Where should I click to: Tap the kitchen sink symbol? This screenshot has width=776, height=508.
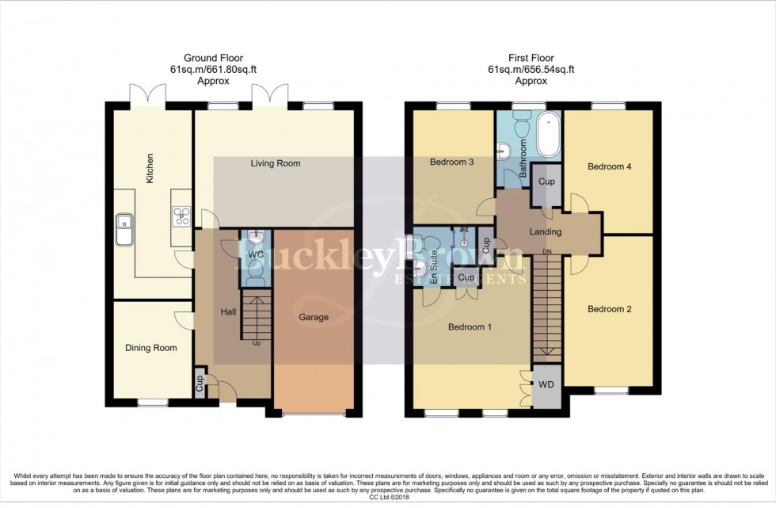(x=125, y=228)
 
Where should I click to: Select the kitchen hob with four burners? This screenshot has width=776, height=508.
(x=181, y=215)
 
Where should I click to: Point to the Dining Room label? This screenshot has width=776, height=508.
(x=151, y=348)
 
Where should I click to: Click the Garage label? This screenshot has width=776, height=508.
(x=314, y=317)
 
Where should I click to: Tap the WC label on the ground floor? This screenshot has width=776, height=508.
(x=255, y=255)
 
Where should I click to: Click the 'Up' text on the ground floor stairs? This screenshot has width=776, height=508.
(x=256, y=343)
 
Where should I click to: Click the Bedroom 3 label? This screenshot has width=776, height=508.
(x=451, y=162)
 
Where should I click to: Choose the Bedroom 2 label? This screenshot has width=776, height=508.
(x=609, y=309)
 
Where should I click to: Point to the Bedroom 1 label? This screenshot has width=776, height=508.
(x=470, y=327)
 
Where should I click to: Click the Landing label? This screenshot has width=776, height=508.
(x=546, y=232)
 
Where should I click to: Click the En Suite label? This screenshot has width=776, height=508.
(x=434, y=262)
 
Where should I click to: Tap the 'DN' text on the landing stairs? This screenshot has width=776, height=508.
(x=546, y=252)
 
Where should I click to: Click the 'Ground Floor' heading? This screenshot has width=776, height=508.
(x=213, y=58)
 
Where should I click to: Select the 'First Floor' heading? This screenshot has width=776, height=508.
(x=531, y=58)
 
